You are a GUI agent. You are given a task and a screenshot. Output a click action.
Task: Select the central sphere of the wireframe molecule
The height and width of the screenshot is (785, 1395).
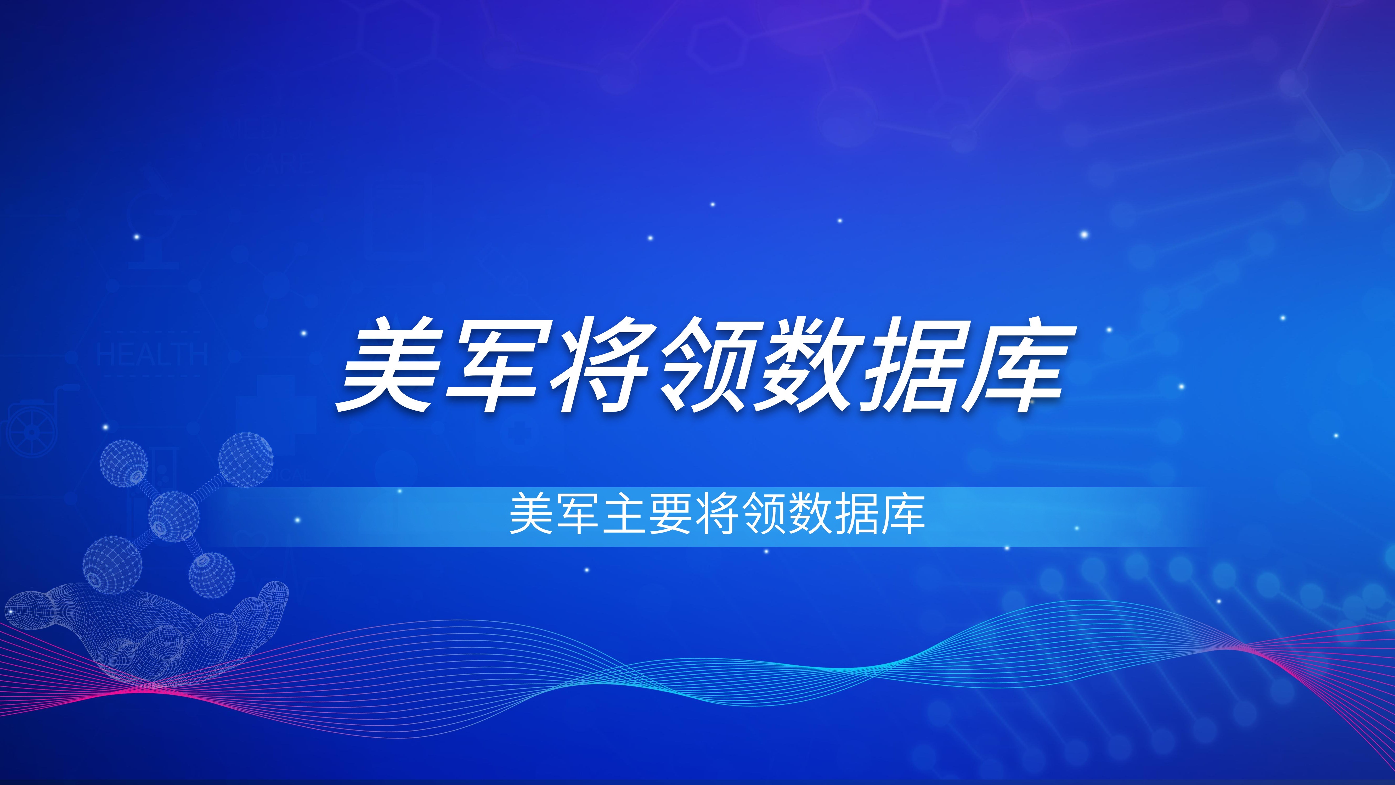[x=173, y=516]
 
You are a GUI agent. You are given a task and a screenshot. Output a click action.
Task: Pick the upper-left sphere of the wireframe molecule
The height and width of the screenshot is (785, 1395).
[x=124, y=464]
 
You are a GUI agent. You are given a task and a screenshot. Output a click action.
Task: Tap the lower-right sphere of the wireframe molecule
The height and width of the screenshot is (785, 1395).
[x=212, y=575]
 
